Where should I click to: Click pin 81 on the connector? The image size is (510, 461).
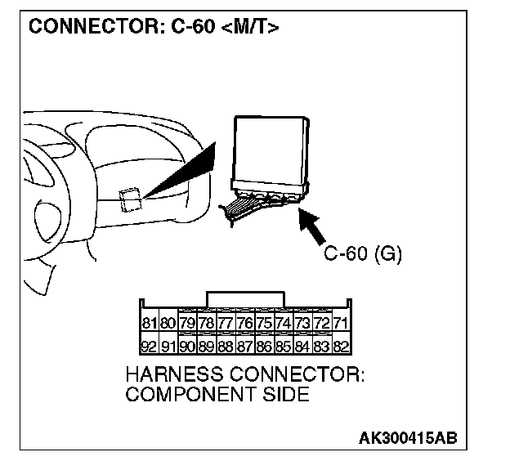click(x=150, y=323)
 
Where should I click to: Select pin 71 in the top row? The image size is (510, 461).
click(x=342, y=323)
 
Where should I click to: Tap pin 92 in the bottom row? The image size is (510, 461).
click(x=150, y=345)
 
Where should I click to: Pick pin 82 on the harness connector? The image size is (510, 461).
click(x=342, y=345)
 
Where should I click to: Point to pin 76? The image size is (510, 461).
click(x=245, y=323)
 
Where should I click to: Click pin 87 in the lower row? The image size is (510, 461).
click(x=245, y=345)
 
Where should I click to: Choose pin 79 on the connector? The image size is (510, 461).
click(x=187, y=323)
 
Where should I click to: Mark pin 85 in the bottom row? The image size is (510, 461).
click(x=284, y=345)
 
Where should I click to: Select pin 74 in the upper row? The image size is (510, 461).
click(x=284, y=323)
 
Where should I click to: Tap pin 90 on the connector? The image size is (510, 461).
click(x=187, y=345)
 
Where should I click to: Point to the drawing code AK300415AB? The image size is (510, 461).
click(x=408, y=437)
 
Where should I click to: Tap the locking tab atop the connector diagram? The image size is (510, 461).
click(x=246, y=298)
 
